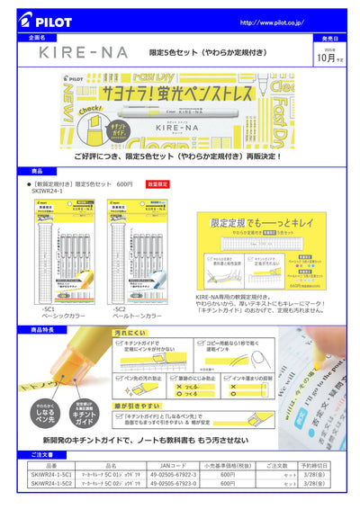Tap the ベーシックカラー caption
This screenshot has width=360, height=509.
[63, 317]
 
